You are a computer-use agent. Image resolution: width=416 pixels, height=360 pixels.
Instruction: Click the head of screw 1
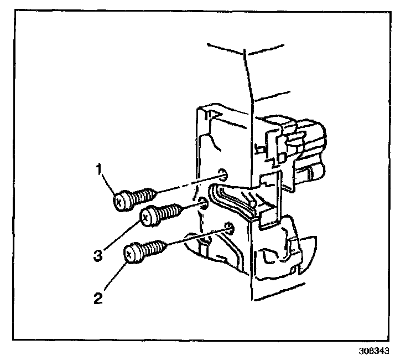(121, 201)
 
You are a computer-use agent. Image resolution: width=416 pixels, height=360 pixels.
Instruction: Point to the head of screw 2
(133, 254)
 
